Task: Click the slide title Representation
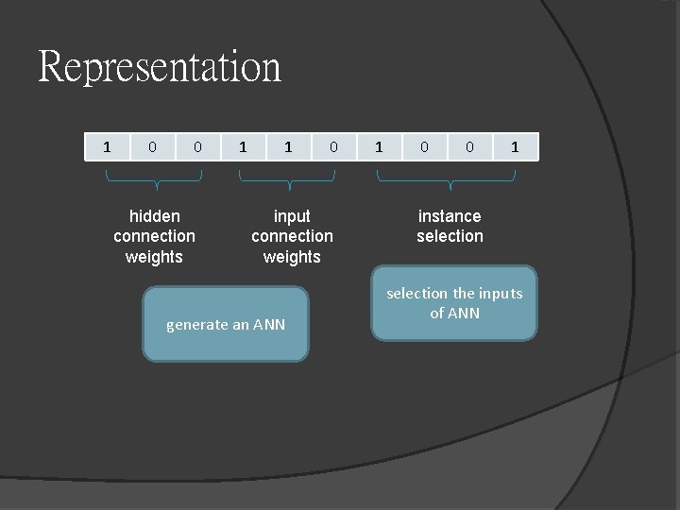click(160, 67)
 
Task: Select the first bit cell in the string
click(107, 146)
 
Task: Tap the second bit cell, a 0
click(152, 146)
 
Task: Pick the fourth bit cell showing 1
click(243, 146)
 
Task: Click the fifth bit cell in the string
click(288, 146)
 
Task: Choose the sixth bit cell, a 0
click(333, 146)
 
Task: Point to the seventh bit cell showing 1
click(379, 146)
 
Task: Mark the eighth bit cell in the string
click(424, 146)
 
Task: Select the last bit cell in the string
click(515, 146)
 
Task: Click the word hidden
click(155, 216)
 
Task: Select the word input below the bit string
click(292, 216)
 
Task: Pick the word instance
click(450, 216)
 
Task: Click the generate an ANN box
click(226, 325)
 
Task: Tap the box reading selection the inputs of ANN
click(454, 303)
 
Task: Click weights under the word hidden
click(154, 257)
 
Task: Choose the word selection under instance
click(450, 236)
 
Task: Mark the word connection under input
click(292, 236)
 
